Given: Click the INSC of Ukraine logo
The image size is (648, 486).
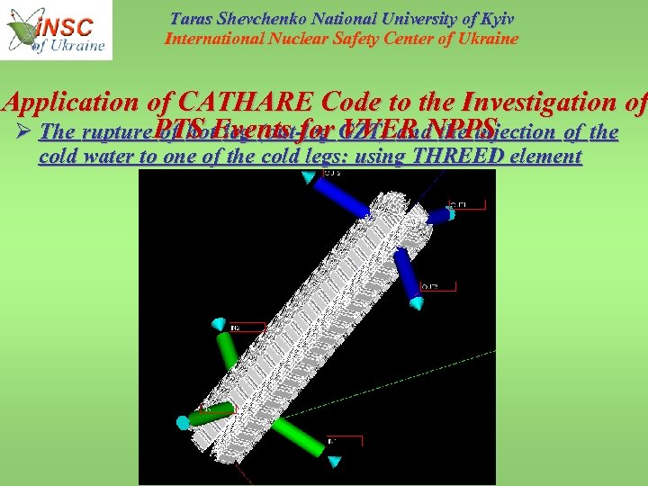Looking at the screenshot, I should coord(56,30).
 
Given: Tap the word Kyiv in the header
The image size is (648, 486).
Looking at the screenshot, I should coord(493,19).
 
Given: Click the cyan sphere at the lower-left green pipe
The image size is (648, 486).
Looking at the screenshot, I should coord(183,422).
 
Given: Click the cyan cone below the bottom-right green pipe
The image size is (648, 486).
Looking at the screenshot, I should coord(334,461).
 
